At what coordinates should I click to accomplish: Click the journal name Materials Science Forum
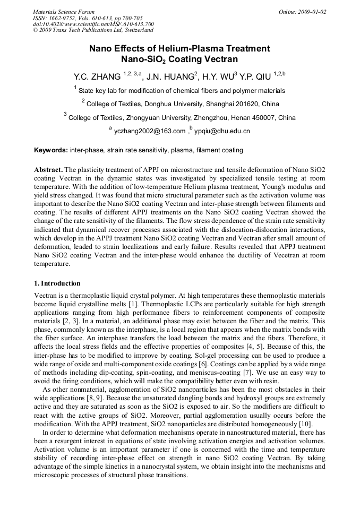(64, 12)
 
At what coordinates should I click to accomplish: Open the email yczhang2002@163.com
(150, 131)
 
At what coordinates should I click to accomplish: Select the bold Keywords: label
(51, 150)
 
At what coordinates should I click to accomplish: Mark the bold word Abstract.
(48, 169)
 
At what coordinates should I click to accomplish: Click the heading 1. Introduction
(57, 283)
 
